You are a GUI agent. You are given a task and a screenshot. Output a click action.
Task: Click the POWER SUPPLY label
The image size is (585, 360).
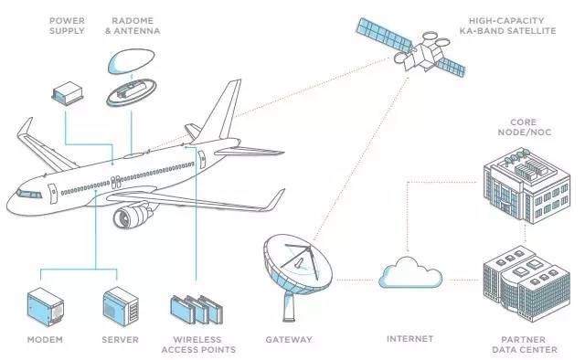(67, 26)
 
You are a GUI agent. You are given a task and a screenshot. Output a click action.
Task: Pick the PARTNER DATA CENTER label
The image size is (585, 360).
(519, 344)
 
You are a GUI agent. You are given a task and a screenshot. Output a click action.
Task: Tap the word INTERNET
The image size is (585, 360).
(409, 339)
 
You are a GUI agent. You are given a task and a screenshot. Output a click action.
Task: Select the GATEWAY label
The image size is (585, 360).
(288, 339)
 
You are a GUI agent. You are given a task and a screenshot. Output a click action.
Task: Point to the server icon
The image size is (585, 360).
(121, 307)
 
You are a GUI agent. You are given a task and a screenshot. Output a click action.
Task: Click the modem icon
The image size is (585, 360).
(46, 307)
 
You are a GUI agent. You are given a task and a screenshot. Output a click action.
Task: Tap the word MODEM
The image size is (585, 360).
(45, 339)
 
